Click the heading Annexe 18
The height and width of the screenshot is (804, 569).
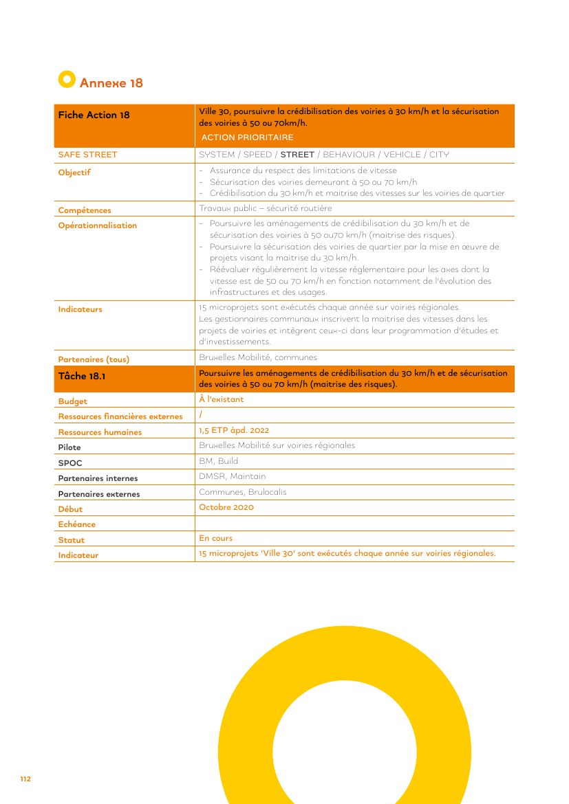click(111, 83)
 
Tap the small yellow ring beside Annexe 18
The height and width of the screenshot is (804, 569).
click(66, 80)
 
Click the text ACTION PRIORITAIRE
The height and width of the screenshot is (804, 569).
click(247, 137)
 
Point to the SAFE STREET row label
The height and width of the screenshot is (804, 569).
click(87, 155)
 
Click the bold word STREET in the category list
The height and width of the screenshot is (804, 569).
click(297, 155)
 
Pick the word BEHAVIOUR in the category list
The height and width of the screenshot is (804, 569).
click(349, 155)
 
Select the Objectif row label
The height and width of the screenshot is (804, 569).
click(74, 172)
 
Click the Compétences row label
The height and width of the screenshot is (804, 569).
click(84, 210)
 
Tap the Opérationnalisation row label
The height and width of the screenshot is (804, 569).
click(97, 225)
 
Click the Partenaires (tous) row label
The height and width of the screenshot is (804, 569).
click(94, 359)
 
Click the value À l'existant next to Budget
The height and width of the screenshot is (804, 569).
click(221, 399)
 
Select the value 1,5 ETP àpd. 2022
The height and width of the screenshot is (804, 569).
click(234, 430)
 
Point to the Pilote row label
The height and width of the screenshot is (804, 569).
click(69, 447)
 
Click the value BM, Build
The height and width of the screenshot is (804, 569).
click(218, 461)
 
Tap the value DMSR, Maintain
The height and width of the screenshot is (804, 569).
click(232, 476)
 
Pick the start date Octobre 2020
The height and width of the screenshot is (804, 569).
click(226, 507)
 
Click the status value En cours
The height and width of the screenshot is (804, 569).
click(215, 538)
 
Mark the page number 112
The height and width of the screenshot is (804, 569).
click(25, 779)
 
